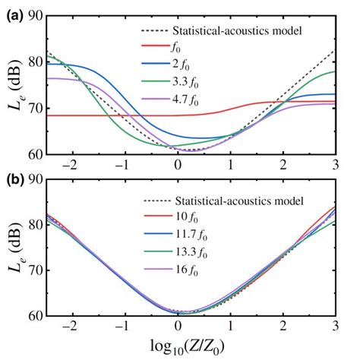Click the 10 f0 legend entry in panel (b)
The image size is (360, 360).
point(199,216)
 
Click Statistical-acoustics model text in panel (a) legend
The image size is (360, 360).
point(238,32)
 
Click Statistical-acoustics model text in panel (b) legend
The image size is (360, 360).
point(238,201)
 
